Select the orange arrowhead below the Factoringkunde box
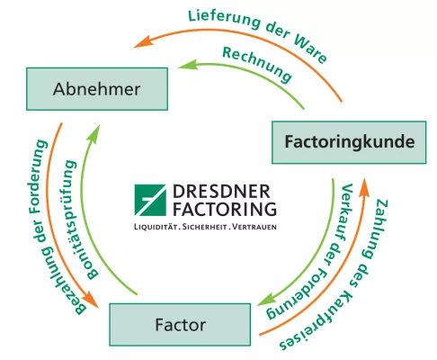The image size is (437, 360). (x=364, y=186)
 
